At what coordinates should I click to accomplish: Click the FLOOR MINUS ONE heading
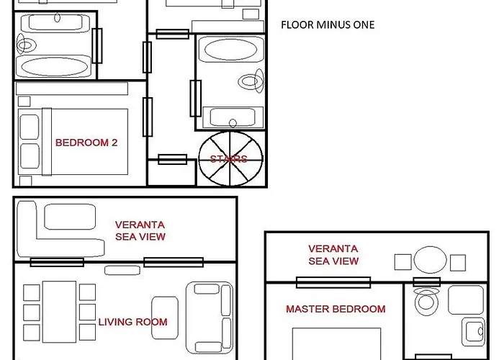(x=328, y=24)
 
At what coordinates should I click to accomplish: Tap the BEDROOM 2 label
(x=86, y=143)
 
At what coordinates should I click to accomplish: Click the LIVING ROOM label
(x=132, y=322)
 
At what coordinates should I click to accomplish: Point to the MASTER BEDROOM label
(x=336, y=309)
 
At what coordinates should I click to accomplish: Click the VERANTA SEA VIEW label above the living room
(x=140, y=231)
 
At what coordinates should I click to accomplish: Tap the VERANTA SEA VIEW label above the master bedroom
(x=333, y=255)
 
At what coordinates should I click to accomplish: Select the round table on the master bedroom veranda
(x=430, y=260)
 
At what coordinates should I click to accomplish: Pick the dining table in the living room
(x=60, y=312)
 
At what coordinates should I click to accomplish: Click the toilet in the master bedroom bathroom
(x=426, y=301)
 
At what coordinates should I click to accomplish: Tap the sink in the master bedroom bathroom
(x=473, y=331)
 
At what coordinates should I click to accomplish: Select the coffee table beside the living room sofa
(x=165, y=318)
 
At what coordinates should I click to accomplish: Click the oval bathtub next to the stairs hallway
(x=230, y=50)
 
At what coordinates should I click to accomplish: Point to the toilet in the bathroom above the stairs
(x=251, y=81)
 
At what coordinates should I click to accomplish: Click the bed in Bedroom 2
(x=73, y=142)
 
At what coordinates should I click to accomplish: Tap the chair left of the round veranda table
(x=402, y=262)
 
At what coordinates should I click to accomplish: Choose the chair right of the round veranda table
(x=458, y=263)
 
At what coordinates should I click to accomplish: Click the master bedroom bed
(x=336, y=343)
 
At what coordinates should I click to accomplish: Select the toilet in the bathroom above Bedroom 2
(x=26, y=45)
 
